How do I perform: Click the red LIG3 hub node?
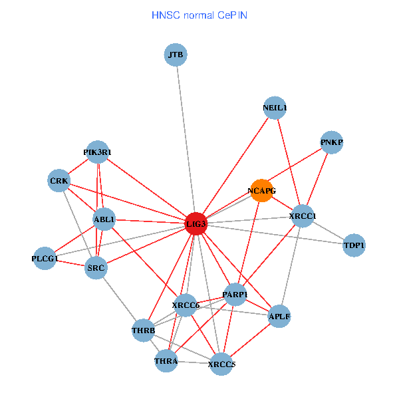point(196,223)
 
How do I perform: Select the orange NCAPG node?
point(262,191)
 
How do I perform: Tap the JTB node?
point(176,55)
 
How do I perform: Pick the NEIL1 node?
point(275,108)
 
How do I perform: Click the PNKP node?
point(331,142)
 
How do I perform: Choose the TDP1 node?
point(354,245)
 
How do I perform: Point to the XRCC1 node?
point(303,216)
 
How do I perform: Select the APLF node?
point(279,317)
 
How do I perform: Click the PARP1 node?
point(235,295)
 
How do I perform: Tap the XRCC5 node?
point(221,364)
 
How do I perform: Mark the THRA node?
point(166,361)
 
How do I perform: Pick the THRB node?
point(143,331)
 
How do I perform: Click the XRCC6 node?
point(186,305)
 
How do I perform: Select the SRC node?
point(96,268)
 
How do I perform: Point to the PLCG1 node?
point(45,258)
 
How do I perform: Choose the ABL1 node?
point(104,219)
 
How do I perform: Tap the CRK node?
point(59,180)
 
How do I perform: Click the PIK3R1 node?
point(98,152)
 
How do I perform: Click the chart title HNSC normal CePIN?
point(199,15)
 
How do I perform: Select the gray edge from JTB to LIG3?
point(186,139)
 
